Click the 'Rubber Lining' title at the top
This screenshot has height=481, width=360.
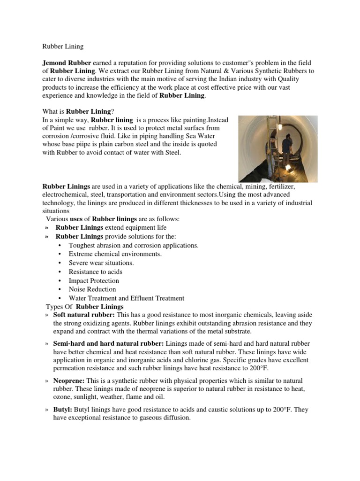63,47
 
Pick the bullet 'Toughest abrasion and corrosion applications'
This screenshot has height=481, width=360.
134,245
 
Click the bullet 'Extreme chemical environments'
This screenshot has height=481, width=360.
115,254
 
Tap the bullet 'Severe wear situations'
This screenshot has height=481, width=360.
101,263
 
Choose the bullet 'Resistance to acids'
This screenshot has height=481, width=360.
95,272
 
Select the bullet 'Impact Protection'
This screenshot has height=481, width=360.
94,280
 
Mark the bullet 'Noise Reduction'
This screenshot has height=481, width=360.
92,289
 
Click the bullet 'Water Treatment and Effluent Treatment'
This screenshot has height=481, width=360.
126,298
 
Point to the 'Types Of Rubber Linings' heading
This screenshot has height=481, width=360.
84,307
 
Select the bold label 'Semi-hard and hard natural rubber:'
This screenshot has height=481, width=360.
108,344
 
